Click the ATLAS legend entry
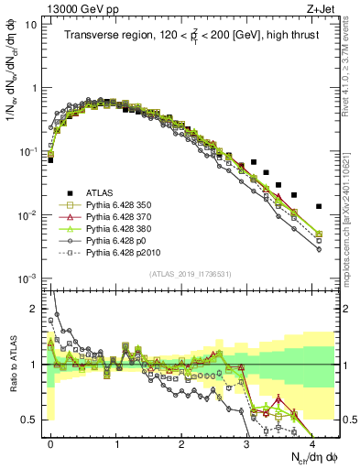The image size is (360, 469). coord(102,193)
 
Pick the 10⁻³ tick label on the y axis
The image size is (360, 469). coord(27,278)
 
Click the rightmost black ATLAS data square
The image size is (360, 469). coord(319,206)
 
